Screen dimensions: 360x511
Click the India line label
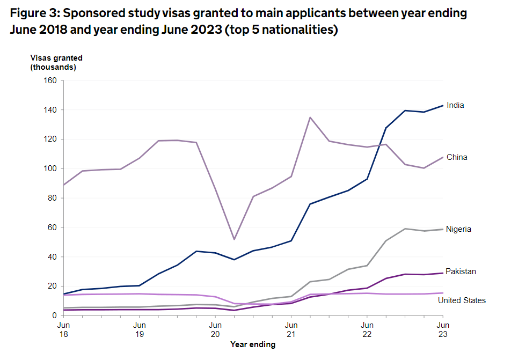[x=455, y=105]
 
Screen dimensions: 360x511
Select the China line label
[x=457, y=157]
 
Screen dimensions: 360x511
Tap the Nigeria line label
[x=458, y=229]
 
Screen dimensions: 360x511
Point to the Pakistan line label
[x=461, y=271]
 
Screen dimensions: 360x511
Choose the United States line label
[x=462, y=300]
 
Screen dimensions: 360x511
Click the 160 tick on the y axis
[x=50, y=80]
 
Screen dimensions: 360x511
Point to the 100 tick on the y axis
[x=50, y=168]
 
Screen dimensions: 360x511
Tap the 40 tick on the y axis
[x=52, y=256]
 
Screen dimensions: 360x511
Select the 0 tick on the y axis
[x=54, y=315]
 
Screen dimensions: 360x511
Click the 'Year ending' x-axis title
[x=253, y=344]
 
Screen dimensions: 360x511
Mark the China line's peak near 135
[x=310, y=117]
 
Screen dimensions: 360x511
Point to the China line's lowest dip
[x=234, y=239]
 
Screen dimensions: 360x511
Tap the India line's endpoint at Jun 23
[x=442, y=105]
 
